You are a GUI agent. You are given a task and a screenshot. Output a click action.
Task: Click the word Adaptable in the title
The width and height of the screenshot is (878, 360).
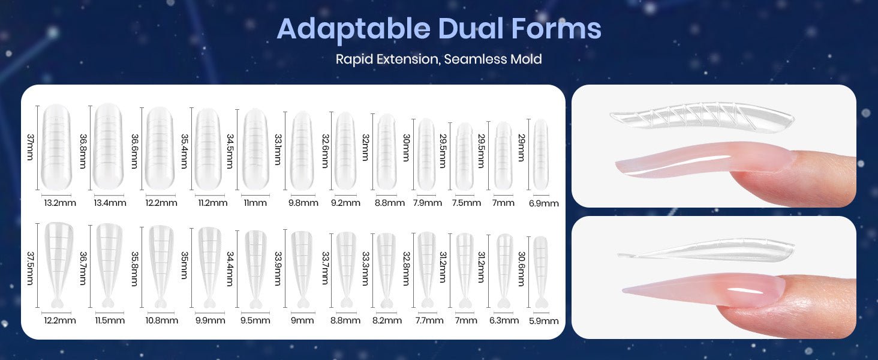click(353, 29)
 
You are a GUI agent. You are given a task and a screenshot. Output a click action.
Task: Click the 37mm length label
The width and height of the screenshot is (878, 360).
click(30, 147)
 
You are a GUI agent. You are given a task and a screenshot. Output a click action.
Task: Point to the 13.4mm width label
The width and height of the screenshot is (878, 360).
click(110, 203)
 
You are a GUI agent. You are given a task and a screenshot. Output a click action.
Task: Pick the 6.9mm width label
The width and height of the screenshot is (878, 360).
click(544, 203)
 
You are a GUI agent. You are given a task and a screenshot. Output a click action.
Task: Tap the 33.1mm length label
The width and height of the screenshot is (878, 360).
click(278, 149)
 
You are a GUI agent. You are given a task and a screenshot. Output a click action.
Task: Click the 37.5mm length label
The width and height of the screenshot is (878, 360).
click(30, 268)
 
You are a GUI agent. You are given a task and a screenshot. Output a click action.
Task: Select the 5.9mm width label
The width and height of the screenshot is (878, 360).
click(544, 321)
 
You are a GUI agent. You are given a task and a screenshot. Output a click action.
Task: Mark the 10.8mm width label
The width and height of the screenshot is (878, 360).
click(161, 320)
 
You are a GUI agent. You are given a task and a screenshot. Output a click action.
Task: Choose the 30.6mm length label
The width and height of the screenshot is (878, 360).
click(521, 269)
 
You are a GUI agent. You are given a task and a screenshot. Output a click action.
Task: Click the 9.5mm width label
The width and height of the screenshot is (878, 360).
click(255, 320)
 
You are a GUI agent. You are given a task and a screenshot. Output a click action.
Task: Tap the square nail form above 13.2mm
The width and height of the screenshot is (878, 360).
click(56, 147)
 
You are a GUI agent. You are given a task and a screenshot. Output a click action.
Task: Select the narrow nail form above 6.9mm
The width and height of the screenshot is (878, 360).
click(541, 155)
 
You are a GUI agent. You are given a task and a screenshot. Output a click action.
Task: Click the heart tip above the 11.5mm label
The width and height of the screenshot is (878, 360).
click(108, 303)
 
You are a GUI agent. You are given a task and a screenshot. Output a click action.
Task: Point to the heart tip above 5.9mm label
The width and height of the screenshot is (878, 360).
click(541, 303)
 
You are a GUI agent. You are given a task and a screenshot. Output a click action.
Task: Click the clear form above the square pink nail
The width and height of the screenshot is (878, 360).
click(702, 116)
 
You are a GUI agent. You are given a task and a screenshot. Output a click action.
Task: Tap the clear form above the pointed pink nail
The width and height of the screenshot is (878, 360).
click(705, 251)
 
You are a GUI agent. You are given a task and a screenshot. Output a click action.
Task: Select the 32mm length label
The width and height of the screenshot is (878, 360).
click(365, 148)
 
